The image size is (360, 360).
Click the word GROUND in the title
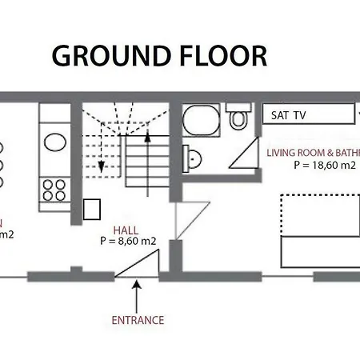click(110, 56)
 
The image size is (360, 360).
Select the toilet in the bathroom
click(239, 119)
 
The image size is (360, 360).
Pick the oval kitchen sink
click(55, 142)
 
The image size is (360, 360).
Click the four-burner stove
click(54, 190)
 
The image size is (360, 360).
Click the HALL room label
click(126, 228)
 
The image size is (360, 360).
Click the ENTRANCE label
click(138, 320)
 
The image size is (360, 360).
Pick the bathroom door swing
click(242, 155)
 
